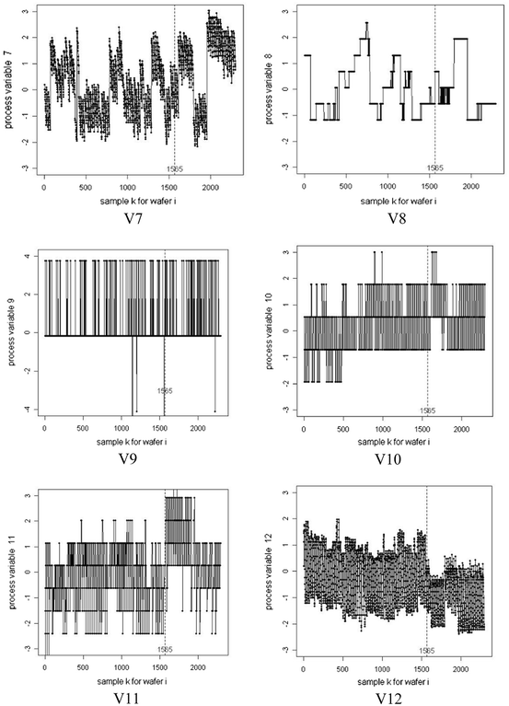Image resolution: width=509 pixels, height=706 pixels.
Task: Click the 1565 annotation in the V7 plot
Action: tap(176, 168)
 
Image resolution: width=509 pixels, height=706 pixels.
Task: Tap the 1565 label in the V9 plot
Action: tap(166, 391)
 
